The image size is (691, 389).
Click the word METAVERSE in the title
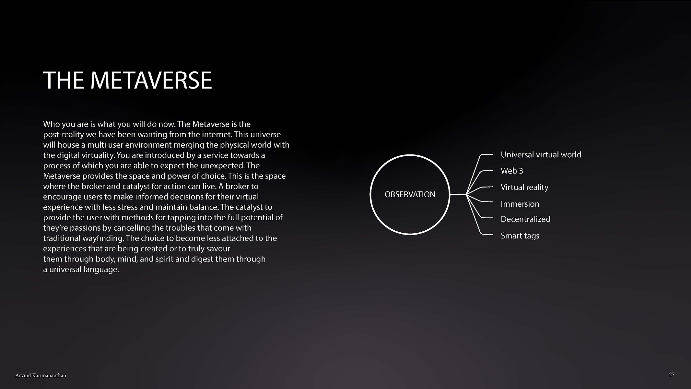click(x=151, y=80)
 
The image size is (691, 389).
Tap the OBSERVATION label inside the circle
click(x=410, y=194)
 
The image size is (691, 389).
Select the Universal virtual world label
click(x=541, y=155)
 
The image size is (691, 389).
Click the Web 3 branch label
click(x=512, y=171)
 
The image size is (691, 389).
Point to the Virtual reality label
click(x=524, y=188)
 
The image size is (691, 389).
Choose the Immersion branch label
click(x=520, y=204)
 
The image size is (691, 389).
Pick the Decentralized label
click(x=525, y=219)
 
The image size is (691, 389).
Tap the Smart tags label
click(x=520, y=236)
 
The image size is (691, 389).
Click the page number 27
click(x=672, y=375)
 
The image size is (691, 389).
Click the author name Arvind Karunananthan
click(x=41, y=375)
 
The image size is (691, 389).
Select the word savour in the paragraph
click(x=219, y=249)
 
